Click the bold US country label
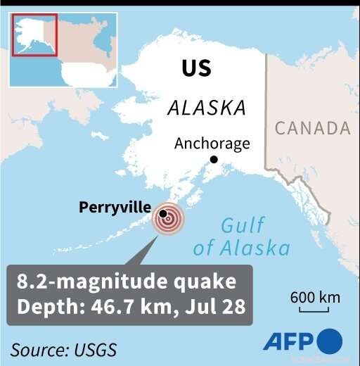[x=196, y=68]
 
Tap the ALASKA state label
[x=206, y=108]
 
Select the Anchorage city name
[x=212, y=144]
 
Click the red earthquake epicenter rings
[x=167, y=219]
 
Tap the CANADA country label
[x=312, y=128]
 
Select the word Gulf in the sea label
[x=243, y=227]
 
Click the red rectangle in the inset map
[x=34, y=34]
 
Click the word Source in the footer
[x=39, y=350]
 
